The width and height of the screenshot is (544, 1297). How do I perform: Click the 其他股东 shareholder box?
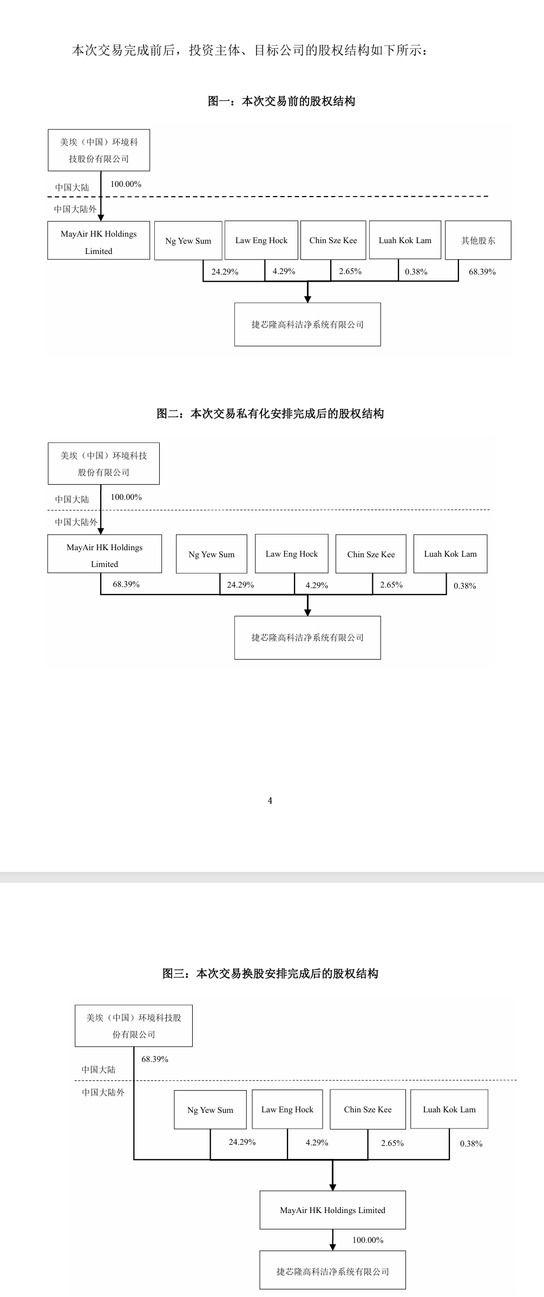[x=478, y=240]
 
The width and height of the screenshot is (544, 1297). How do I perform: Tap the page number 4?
[x=270, y=800]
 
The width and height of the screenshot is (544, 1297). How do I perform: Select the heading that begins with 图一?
[x=281, y=101]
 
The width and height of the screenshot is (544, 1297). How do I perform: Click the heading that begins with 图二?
[x=270, y=414]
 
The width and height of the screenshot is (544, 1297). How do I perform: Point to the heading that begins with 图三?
[x=270, y=973]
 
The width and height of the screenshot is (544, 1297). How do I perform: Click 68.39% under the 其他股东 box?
[x=482, y=272]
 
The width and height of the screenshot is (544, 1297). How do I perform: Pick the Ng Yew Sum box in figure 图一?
[x=188, y=241]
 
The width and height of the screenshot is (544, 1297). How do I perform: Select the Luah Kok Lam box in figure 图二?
[x=450, y=554]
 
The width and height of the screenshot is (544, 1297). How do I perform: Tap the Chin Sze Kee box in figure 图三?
[x=368, y=1109]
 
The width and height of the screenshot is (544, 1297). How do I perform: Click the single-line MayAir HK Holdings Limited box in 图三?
[x=332, y=1210]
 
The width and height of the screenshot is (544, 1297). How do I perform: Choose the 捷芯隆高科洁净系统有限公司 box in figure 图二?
[x=307, y=637]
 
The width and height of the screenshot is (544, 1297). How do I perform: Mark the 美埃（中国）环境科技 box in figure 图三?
[x=134, y=1026]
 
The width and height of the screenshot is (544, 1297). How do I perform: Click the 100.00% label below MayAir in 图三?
[x=368, y=1240]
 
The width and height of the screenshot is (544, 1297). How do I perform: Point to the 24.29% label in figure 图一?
[x=225, y=272]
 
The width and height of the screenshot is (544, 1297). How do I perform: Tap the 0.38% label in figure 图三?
[x=471, y=1144]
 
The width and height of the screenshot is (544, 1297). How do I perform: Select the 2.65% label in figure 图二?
[x=391, y=585]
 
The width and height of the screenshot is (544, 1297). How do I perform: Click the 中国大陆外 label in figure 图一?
[x=75, y=209]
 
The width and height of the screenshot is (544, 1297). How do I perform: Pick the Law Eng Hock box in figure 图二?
[x=292, y=554]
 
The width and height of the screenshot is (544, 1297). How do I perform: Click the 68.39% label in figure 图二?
[x=126, y=584]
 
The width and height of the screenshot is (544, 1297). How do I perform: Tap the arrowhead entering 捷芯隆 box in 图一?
[x=307, y=299]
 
